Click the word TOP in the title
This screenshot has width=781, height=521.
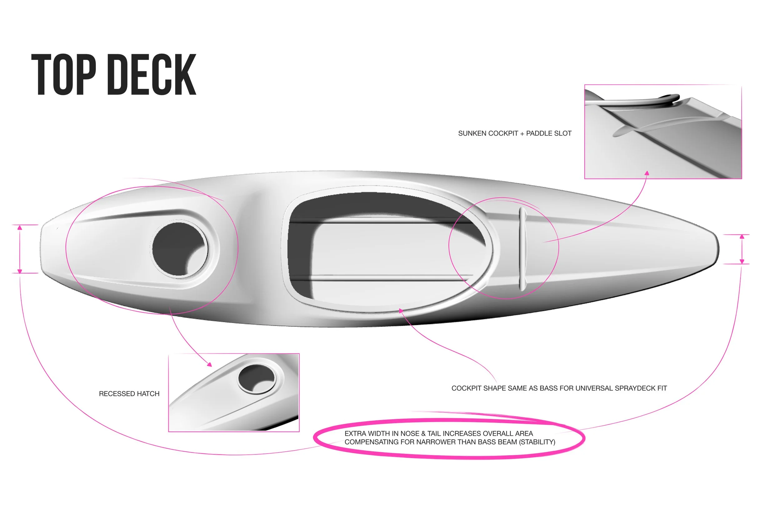[x=64, y=74]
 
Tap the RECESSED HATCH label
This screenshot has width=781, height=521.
[x=129, y=394]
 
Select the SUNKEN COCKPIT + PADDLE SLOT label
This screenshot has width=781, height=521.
[x=515, y=133]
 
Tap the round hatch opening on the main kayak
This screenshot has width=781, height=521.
[x=179, y=249]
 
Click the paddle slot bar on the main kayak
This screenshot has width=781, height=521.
[x=522, y=249]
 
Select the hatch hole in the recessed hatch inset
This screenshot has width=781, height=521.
[x=257, y=379]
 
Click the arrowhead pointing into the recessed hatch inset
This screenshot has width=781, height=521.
[x=209, y=364]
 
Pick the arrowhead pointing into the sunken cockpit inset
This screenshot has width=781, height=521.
[x=647, y=173]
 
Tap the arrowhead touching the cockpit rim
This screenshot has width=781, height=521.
[x=401, y=311]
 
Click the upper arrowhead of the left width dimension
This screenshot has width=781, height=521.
[x=20, y=228]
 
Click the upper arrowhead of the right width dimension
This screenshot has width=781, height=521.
[x=742, y=237]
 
